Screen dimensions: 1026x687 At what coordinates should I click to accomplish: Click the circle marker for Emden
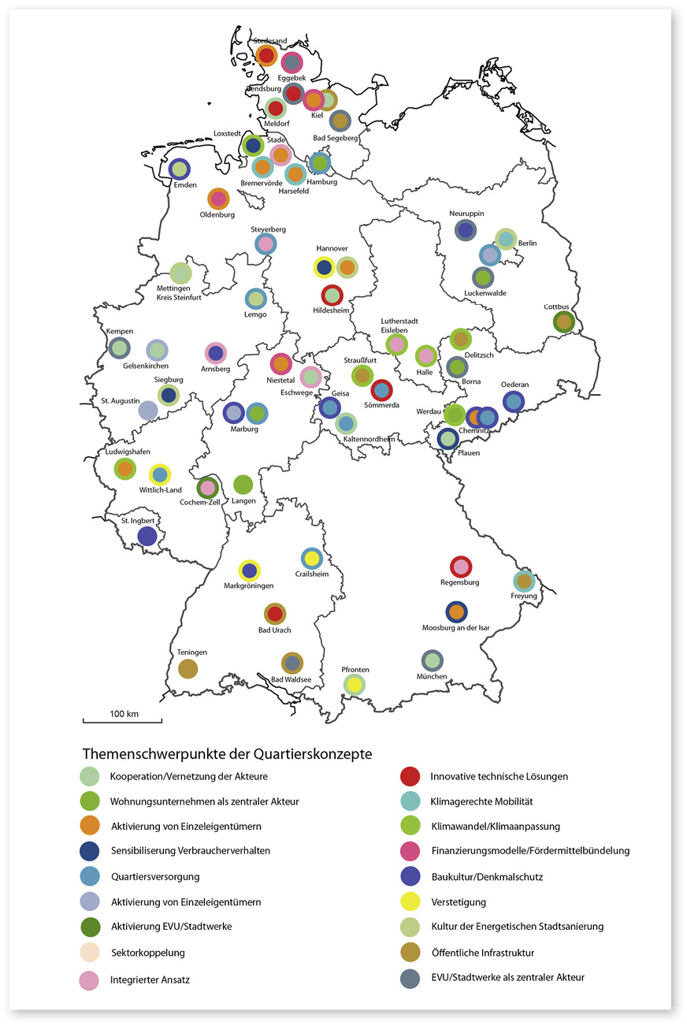[x=180, y=168]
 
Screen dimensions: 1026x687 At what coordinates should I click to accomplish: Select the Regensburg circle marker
[x=461, y=567]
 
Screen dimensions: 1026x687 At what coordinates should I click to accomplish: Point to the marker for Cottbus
[x=563, y=322]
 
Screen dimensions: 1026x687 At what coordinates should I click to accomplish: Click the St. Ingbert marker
[x=147, y=536]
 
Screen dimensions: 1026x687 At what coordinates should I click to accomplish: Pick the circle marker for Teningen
[x=188, y=668]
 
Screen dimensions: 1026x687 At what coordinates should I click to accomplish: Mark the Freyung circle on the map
[x=524, y=581]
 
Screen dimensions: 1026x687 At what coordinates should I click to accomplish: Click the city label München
[x=432, y=677]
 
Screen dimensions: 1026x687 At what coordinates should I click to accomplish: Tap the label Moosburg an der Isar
[x=456, y=628]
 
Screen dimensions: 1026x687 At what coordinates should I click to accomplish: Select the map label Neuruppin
[x=466, y=214]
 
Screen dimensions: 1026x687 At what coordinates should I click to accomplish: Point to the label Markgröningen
[x=249, y=586]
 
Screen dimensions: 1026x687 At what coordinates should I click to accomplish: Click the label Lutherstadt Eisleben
[x=394, y=325]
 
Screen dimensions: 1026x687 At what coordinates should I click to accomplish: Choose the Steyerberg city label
[x=268, y=229]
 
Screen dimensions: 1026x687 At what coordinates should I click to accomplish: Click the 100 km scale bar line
[x=123, y=720]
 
